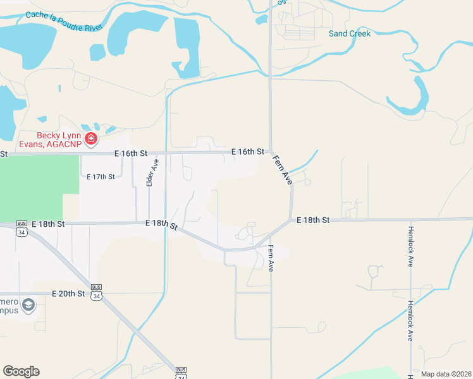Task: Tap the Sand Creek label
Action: (349, 33)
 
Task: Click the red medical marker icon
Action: (91, 138)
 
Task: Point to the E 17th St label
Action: (101, 176)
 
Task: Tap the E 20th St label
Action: (68, 294)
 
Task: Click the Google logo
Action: (21, 371)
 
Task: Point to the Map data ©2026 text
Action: (446, 374)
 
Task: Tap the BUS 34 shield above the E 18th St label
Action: (22, 228)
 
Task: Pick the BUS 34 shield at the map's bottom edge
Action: (181, 373)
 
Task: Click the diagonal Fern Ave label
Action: (283, 169)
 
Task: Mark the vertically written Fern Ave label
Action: (271, 258)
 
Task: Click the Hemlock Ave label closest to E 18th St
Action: (410, 246)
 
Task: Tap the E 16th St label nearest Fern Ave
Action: (247, 152)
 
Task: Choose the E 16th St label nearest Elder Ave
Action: (131, 153)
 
